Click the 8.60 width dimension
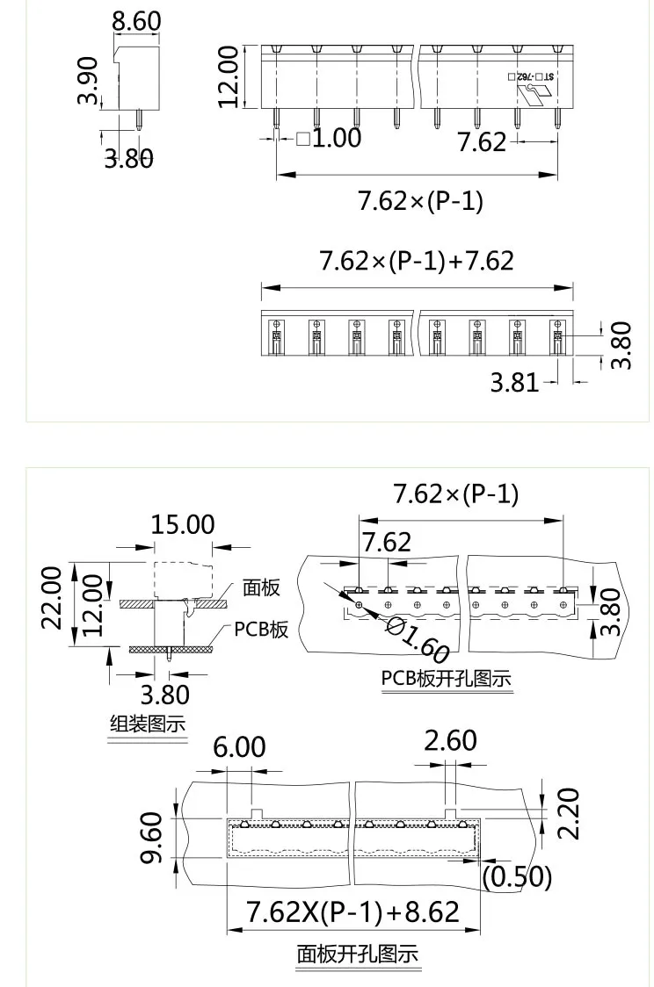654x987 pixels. tap(136, 21)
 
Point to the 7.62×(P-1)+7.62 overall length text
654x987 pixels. tap(416, 261)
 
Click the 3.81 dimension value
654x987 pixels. tap(514, 383)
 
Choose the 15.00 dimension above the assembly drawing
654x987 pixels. tap(182, 524)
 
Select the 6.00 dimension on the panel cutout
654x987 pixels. tap(239, 747)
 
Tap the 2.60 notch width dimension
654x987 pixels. tap(450, 740)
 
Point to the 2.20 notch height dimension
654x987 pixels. tap(570, 814)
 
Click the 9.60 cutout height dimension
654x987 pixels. tap(152, 839)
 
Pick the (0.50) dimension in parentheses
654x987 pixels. tap(518, 876)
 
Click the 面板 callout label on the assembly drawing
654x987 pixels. tap(261, 587)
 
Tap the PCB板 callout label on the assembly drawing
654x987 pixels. tap(261, 630)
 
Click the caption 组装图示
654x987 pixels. tap(147, 724)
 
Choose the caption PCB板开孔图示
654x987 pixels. tap(446, 679)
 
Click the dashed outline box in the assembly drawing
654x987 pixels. tap(183, 580)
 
